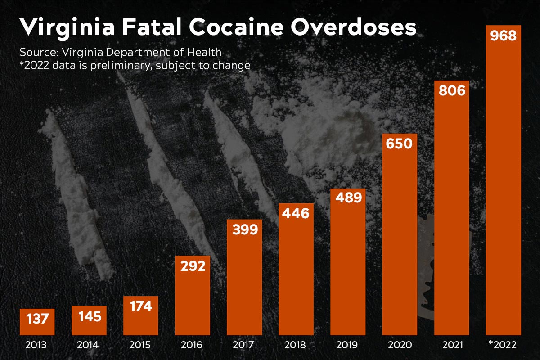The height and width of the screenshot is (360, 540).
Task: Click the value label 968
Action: tap(503, 36)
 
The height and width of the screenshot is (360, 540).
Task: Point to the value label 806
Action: tap(451, 91)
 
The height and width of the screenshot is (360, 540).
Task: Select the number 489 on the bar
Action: tap(348, 198)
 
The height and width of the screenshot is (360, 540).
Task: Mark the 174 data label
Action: tap(140, 306)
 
